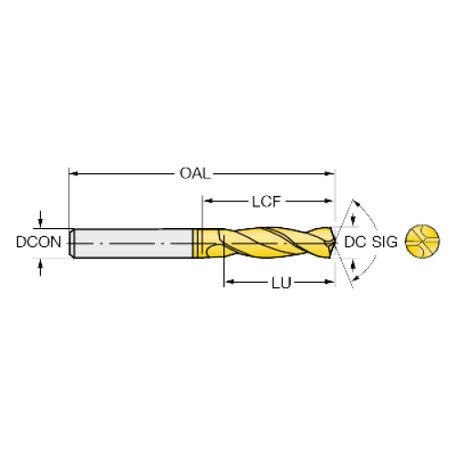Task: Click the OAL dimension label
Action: [195, 173]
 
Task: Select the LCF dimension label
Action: [266, 202]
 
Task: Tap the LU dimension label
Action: [281, 283]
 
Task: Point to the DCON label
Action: [38, 243]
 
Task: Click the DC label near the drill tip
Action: [355, 243]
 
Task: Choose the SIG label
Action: [385, 243]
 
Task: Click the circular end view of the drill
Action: [422, 242]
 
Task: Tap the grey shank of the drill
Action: [133, 244]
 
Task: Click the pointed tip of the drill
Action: [336, 243]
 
